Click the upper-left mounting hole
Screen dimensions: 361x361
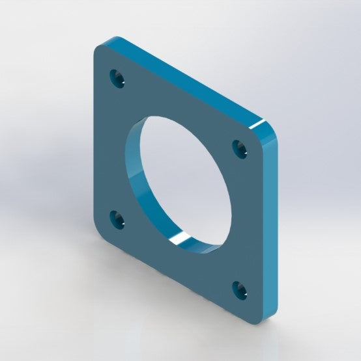(118, 79)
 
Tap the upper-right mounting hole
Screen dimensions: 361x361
(241, 149)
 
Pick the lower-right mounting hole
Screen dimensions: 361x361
(240, 289)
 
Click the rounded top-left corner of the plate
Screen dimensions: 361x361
(99, 49)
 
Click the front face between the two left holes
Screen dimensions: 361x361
(111, 150)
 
